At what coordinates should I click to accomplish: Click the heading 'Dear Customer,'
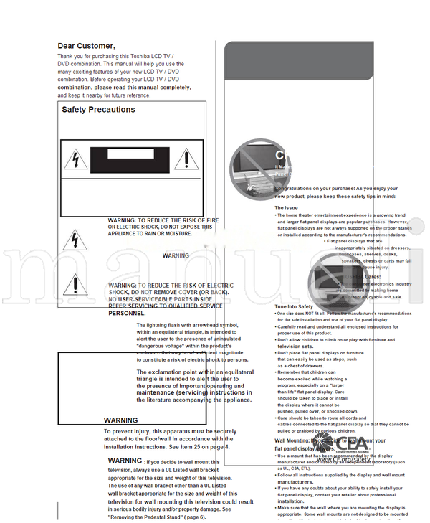(86, 46)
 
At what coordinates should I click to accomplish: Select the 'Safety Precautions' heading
(98, 110)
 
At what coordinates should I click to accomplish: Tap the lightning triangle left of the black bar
(75, 158)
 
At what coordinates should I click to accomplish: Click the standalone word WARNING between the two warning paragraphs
(176, 255)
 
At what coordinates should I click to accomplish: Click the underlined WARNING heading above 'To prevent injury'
(121, 420)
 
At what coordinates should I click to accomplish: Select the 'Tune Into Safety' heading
(294, 307)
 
